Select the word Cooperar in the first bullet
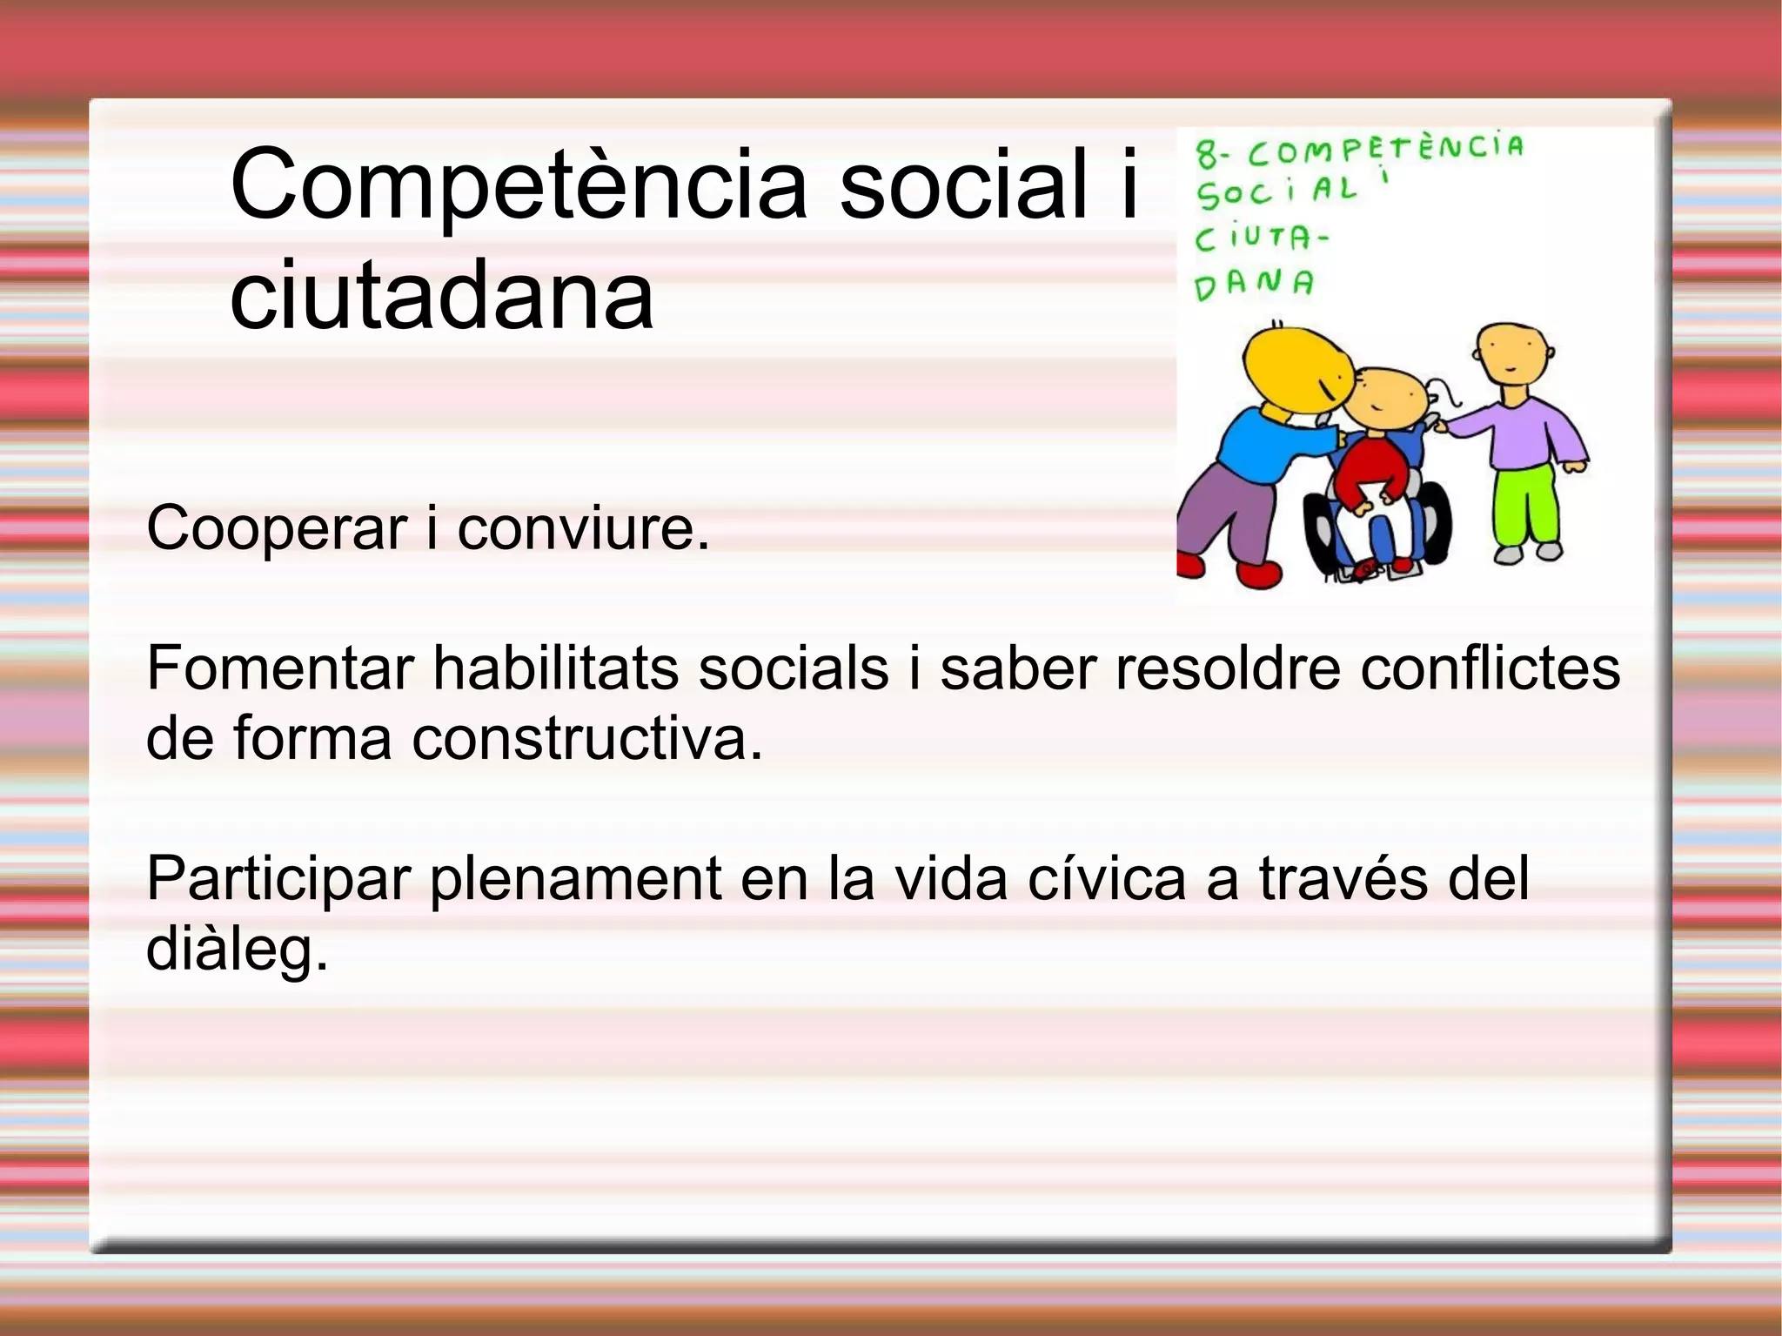[277, 528]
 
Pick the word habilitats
[556, 668]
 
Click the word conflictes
[1490, 668]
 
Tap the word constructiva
[586, 738]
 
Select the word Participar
[278, 879]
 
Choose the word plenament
[575, 879]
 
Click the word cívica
[1107, 879]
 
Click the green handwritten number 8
[1207, 155]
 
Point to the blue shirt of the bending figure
[1262, 444]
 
